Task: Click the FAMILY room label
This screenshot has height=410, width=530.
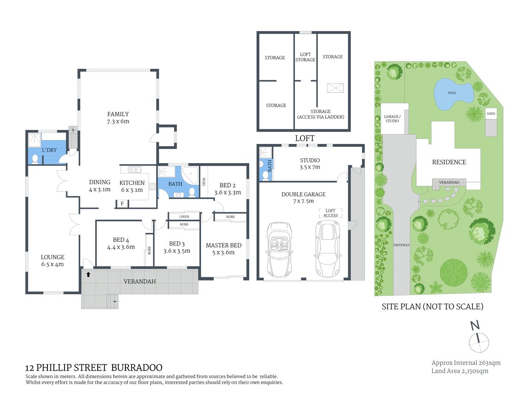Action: coord(118,114)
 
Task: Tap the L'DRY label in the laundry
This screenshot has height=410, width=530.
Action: coord(49,150)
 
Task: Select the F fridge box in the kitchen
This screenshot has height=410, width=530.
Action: coord(122,204)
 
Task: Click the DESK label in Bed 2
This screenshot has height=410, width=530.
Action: coord(204,182)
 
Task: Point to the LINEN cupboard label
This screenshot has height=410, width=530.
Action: coord(184,217)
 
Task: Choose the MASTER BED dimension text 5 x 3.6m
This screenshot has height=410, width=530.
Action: coord(224,252)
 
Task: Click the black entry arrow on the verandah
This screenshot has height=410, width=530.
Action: coord(88,274)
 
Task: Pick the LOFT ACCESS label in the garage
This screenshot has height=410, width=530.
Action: coord(330,213)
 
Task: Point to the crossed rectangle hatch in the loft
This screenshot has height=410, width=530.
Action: coord(335,88)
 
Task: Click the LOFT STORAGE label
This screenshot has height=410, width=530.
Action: coord(305,57)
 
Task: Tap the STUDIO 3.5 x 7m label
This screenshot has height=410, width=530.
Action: coord(310,164)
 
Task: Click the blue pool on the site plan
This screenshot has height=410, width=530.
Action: coord(453,93)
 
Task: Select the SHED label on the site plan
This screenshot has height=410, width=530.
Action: coord(491,114)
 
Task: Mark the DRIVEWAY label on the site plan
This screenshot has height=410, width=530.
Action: coord(401,245)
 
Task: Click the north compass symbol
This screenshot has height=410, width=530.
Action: coord(478,340)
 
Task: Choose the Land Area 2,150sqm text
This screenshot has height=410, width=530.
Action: coord(460,371)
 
